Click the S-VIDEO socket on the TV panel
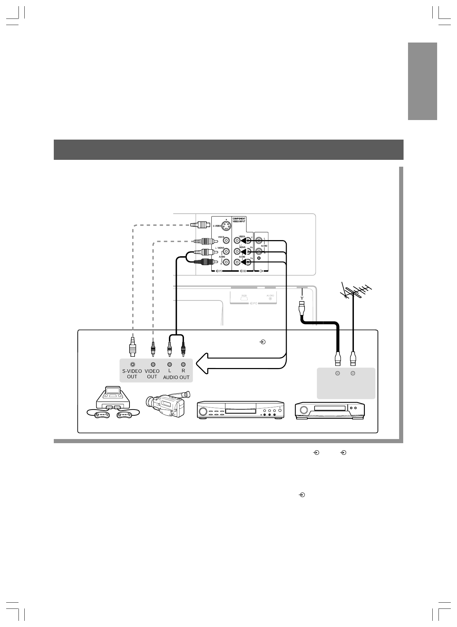(225, 226)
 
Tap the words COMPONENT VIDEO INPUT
(239, 220)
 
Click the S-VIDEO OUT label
(132, 374)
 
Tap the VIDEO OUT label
(152, 374)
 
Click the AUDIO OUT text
(176, 377)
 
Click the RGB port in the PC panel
(244, 298)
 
